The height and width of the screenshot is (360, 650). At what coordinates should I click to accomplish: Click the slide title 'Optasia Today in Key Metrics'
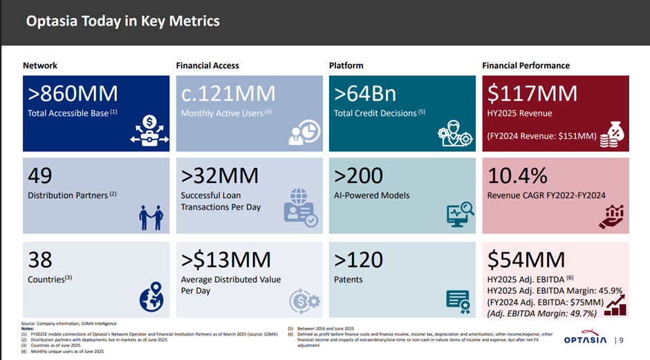(122, 21)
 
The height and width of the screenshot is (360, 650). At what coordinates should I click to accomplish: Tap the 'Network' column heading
(40, 66)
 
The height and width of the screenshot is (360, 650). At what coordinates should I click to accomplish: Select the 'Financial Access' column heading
(207, 66)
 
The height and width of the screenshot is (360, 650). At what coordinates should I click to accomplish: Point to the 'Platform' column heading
(346, 66)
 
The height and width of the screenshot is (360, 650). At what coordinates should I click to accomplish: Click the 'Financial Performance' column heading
(526, 66)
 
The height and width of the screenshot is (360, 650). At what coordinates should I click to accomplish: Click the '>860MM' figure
(73, 93)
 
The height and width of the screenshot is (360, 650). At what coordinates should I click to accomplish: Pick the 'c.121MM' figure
(228, 93)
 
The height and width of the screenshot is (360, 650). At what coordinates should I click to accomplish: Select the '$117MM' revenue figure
(532, 93)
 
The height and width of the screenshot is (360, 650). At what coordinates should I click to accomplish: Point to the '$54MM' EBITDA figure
(526, 260)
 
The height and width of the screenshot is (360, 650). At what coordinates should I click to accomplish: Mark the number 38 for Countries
(40, 260)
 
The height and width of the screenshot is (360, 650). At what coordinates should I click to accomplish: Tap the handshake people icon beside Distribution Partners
(150, 216)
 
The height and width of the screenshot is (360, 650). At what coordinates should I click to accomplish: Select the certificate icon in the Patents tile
(457, 299)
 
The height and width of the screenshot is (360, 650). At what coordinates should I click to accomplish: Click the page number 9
(621, 339)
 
